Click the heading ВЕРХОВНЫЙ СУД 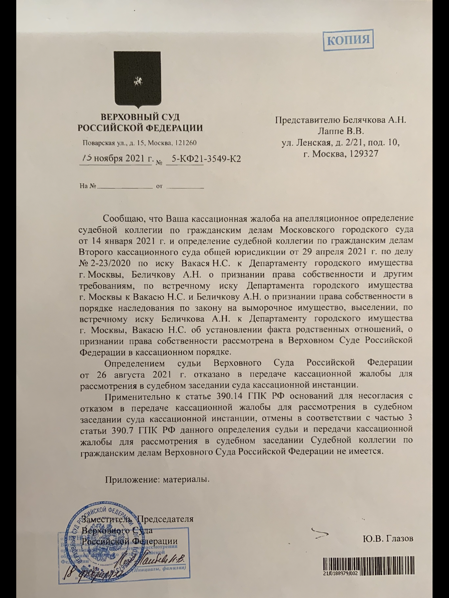tap(140, 117)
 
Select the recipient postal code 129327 tap(362, 154)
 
